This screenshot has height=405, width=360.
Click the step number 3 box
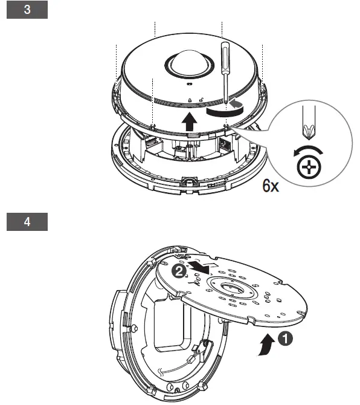click(27, 11)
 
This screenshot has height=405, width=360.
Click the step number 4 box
click(27, 221)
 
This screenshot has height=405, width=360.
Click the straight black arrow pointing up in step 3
click(189, 121)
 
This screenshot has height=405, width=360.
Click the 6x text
click(271, 185)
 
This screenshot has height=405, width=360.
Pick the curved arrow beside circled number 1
click(264, 347)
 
